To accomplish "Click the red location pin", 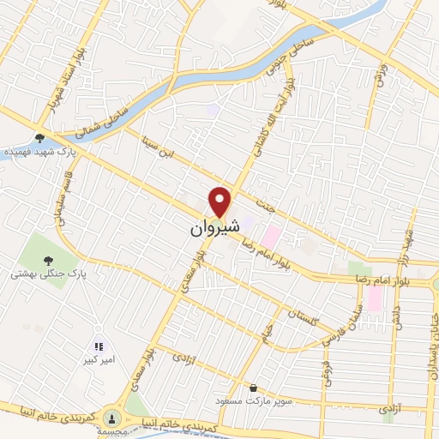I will pyautogui.click(x=220, y=201).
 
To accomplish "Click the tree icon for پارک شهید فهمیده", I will pyautogui.click(x=39, y=137).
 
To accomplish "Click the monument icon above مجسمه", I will pyautogui.click(x=111, y=418).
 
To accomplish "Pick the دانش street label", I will pyautogui.click(x=397, y=314).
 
